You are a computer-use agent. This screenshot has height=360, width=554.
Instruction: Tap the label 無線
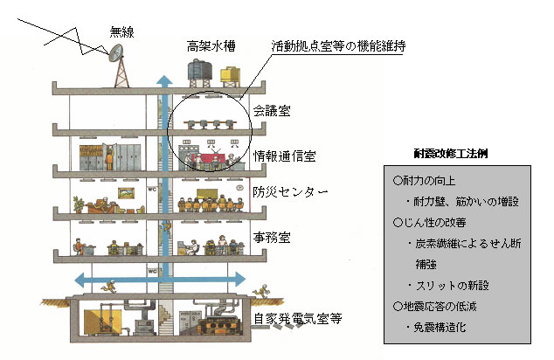pos(122,33)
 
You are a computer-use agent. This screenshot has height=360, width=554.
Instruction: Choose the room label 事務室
pos(272,236)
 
